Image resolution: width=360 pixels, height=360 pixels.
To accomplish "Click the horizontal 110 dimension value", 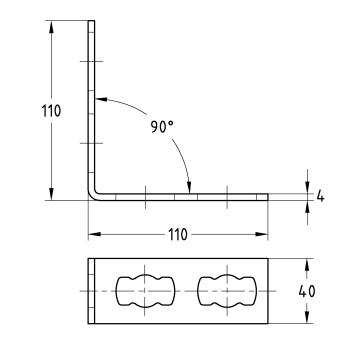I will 177,234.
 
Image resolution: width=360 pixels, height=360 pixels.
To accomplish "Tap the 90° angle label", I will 162,128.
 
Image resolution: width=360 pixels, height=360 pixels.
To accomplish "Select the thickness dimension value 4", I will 320,195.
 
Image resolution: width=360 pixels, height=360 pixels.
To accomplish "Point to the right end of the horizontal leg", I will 267,194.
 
